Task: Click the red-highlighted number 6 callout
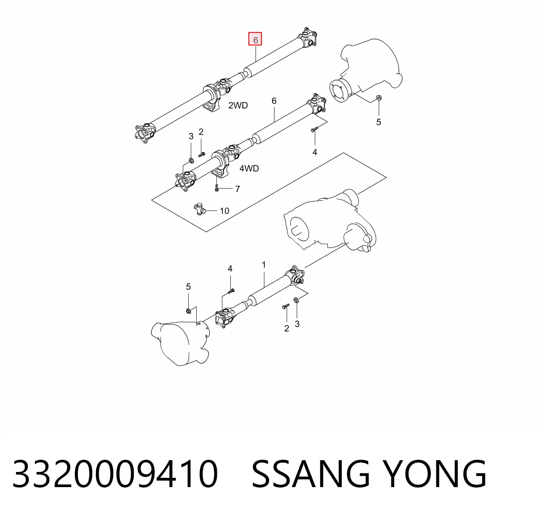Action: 255,39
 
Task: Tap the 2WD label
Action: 238,106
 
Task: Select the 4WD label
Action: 249,168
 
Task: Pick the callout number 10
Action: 224,211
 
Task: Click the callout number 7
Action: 237,189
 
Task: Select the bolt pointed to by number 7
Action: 217,188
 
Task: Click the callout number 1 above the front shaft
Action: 264,265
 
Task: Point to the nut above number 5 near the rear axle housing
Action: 379,98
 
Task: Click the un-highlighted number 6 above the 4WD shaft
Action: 274,101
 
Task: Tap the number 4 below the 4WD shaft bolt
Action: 315,152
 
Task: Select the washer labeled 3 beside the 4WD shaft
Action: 191,160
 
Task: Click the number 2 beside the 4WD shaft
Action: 201,132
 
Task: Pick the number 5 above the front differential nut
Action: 188,287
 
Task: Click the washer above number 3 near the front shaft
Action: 296,300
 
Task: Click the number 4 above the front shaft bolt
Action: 230,269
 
